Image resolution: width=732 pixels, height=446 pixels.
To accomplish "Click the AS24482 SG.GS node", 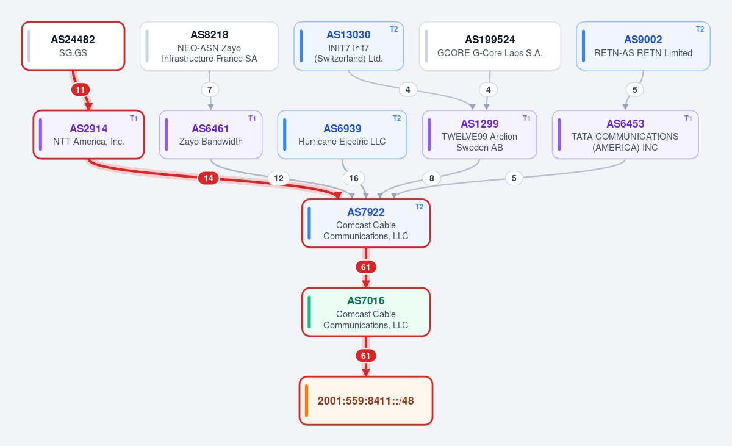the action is tap(73, 46).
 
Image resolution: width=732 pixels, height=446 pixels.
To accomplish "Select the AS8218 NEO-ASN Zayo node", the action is tap(209, 46).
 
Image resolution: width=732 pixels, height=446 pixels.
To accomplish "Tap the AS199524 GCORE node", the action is tap(490, 46).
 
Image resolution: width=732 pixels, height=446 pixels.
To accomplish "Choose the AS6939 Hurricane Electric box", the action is tap(342, 135).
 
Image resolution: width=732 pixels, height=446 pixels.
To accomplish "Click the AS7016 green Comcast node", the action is tap(365, 312).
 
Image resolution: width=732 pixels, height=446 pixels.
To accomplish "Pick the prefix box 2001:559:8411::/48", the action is tap(365, 401).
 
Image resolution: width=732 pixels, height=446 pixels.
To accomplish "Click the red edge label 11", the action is tap(81, 90).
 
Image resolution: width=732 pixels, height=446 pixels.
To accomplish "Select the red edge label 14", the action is tap(209, 178).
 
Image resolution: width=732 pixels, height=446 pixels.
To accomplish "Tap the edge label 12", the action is tap(278, 178).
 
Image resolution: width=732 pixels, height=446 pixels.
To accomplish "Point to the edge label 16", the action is tap(354, 178).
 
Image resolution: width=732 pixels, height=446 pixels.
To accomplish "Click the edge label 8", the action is tap(432, 178).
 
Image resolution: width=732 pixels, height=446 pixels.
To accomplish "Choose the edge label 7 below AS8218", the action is tap(210, 90).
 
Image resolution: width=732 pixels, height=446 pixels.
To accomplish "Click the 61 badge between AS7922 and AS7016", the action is tap(365, 267).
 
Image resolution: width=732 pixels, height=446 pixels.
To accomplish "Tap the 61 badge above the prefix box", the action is tap(365, 356).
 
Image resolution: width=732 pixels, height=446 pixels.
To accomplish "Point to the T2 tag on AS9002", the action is tap(700, 29).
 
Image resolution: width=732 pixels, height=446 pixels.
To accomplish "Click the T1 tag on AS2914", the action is tap(134, 118).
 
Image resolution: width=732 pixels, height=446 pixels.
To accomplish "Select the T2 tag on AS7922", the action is tap(419, 207).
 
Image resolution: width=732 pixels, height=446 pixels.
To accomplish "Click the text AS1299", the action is tap(479, 124).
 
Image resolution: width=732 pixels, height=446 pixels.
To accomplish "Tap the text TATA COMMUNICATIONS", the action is tap(625, 137).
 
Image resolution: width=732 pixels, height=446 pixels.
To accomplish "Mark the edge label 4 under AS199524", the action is tap(488, 90).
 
